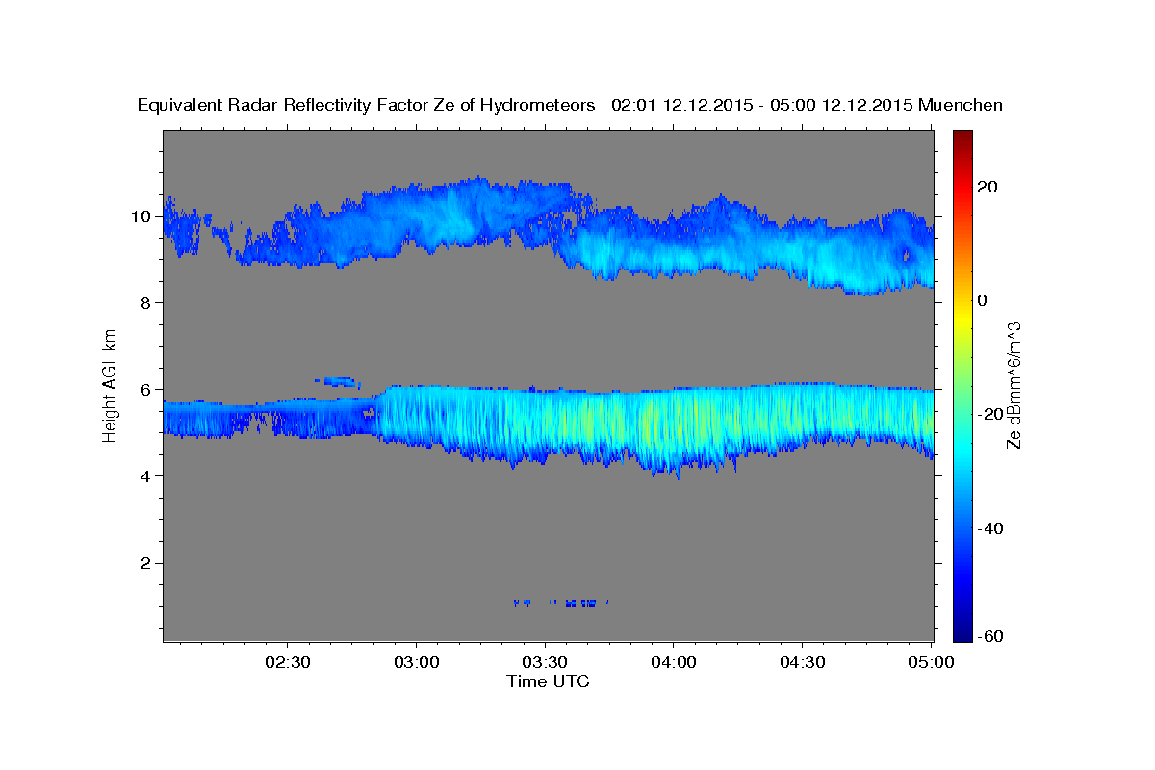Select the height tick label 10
tap(140, 217)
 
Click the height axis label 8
tap(144, 303)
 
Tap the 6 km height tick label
tap(144, 390)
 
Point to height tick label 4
tap(144, 476)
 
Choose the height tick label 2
tap(144, 563)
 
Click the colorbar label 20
tap(988, 187)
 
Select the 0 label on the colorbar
tap(983, 300)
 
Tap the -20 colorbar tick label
tap(990, 414)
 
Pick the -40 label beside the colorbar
tap(990, 528)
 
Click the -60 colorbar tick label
tap(990, 636)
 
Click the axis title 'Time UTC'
tap(548, 681)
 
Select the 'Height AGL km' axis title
tap(111, 385)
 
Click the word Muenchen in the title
tap(961, 105)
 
